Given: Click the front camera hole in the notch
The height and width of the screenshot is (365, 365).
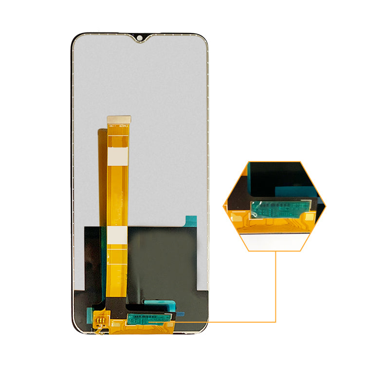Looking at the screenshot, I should click(140, 37).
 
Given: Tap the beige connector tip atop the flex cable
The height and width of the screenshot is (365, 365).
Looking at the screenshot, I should click(119, 119).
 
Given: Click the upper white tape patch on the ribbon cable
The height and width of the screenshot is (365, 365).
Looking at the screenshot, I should click(118, 157).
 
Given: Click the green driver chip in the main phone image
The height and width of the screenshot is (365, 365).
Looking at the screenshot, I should click(148, 319).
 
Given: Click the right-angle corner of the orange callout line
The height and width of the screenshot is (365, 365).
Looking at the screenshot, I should click(275, 322).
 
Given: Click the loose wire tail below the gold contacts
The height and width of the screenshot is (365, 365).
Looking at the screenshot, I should click(98, 331).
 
